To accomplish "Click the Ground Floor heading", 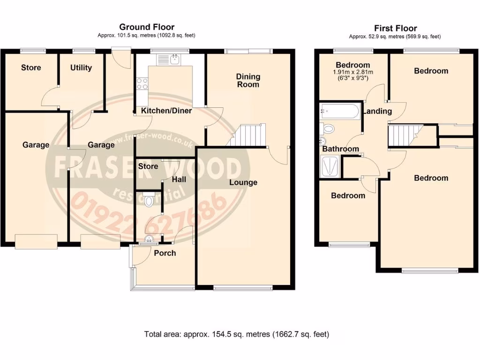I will click(146, 27).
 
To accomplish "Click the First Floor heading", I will click(395, 29).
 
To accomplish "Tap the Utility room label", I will click(81, 67).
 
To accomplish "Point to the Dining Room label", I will click(248, 80).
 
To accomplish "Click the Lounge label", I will click(243, 182).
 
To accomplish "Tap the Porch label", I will click(165, 253).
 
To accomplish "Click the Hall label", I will click(179, 180).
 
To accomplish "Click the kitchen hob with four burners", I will click(142, 83).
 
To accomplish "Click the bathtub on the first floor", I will click(339, 111).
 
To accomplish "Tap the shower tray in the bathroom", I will click(330, 166).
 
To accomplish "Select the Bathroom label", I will click(340, 149).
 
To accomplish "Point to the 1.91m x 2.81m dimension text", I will click(352, 72).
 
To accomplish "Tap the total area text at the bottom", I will click(236, 335).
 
